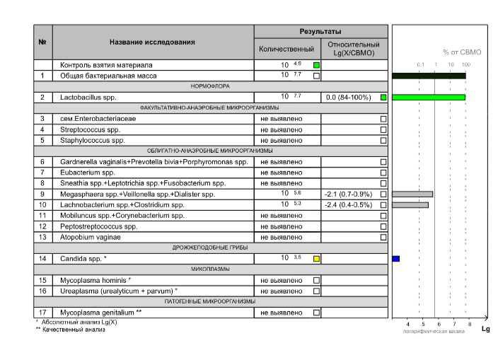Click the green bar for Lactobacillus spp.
(x=428, y=97)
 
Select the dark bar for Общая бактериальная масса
(x=428, y=75)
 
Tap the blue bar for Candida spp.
(x=396, y=259)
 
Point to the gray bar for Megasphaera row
(x=412, y=194)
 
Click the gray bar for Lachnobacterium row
(x=410, y=205)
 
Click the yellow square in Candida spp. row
(x=316, y=259)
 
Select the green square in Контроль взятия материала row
(x=316, y=64)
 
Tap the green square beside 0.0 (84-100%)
(x=383, y=97)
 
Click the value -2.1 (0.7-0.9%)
(x=349, y=194)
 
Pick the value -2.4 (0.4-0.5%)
(x=349, y=205)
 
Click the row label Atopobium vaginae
(x=90, y=237)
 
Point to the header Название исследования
(x=152, y=42)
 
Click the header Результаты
(x=320, y=32)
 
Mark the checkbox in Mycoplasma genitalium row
(x=316, y=312)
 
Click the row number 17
(x=42, y=312)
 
